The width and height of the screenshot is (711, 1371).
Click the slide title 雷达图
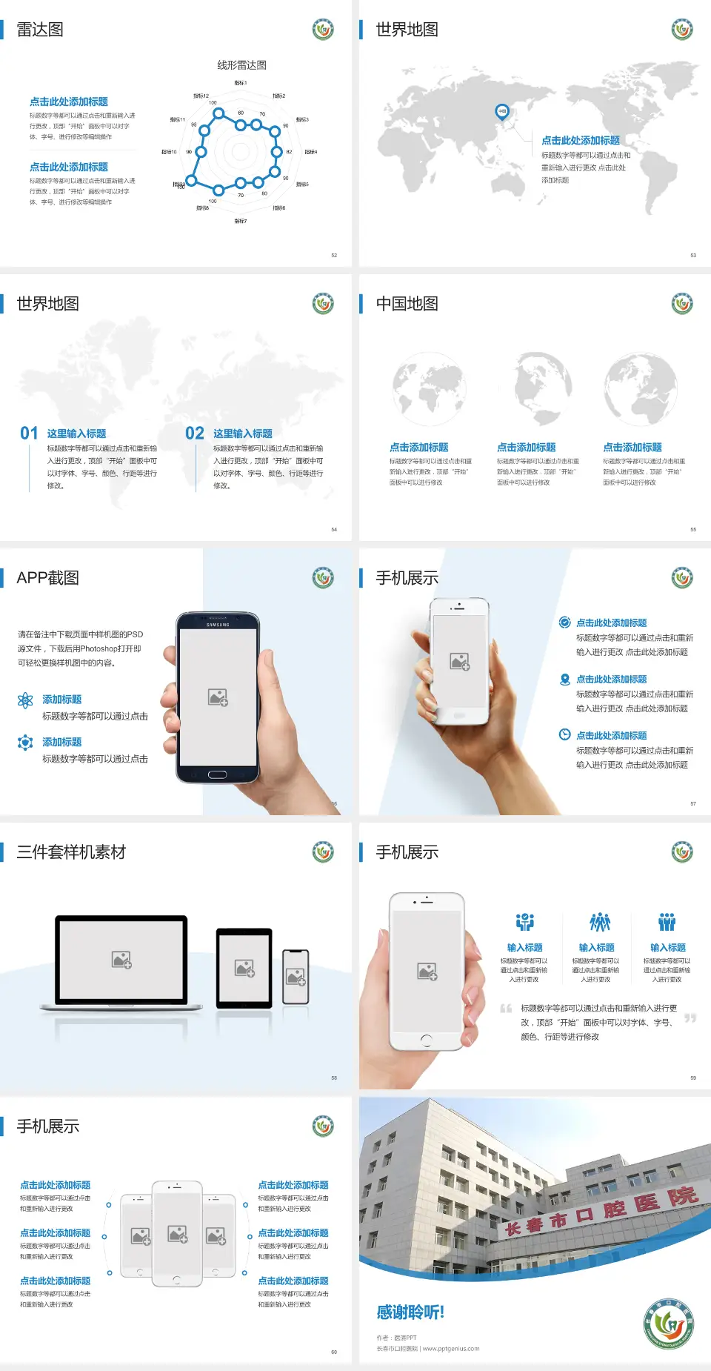(40, 30)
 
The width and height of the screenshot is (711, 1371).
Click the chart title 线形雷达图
(241, 65)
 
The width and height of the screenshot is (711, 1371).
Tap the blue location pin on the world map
(501, 111)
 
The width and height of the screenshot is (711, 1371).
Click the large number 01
(29, 434)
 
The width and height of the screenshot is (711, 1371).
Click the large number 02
(195, 434)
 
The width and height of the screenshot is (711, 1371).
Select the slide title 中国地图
(407, 304)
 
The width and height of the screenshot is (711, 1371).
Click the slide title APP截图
(47, 578)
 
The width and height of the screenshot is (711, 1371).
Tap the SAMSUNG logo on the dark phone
(218, 625)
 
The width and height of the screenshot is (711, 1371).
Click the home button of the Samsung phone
(217, 774)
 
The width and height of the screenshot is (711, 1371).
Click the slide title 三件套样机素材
(71, 852)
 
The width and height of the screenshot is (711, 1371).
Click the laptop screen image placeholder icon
(121, 960)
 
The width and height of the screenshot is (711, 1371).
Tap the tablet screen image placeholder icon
(244, 968)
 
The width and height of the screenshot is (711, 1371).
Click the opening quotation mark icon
(506, 1009)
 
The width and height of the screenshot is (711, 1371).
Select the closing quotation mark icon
(690, 1018)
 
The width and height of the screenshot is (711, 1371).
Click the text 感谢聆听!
(410, 1312)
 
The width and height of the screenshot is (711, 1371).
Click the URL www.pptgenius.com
(451, 1349)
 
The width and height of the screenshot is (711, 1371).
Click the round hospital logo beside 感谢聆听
(670, 1323)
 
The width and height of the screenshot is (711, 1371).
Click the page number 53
(693, 256)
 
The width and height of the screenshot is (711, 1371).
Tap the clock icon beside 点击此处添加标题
(564, 734)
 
